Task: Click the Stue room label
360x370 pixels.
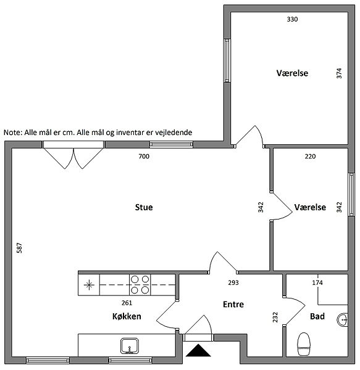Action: [144, 207]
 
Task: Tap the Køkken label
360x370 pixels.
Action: [127, 316]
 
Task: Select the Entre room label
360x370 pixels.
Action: [233, 304]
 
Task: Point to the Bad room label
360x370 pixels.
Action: [317, 316]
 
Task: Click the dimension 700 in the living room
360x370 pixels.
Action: [144, 156]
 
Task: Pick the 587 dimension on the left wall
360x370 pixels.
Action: [19, 248]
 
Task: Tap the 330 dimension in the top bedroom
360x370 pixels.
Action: [292, 19]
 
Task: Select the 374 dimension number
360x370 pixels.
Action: [339, 73]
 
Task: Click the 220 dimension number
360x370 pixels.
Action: [310, 156]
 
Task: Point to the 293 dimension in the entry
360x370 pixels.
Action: [233, 282]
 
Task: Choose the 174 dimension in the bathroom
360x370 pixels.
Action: [317, 282]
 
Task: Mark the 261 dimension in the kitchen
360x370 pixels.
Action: [127, 303]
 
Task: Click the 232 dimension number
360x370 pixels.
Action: [275, 317]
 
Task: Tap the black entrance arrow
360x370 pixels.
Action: [198, 350]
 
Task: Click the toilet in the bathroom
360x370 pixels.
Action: [304, 344]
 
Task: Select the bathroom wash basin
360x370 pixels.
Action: [342, 319]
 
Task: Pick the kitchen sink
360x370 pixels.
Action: [130, 346]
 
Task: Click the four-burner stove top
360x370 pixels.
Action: [140, 284]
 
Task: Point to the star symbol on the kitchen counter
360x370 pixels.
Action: [89, 285]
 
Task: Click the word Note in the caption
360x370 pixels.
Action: [13, 133]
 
